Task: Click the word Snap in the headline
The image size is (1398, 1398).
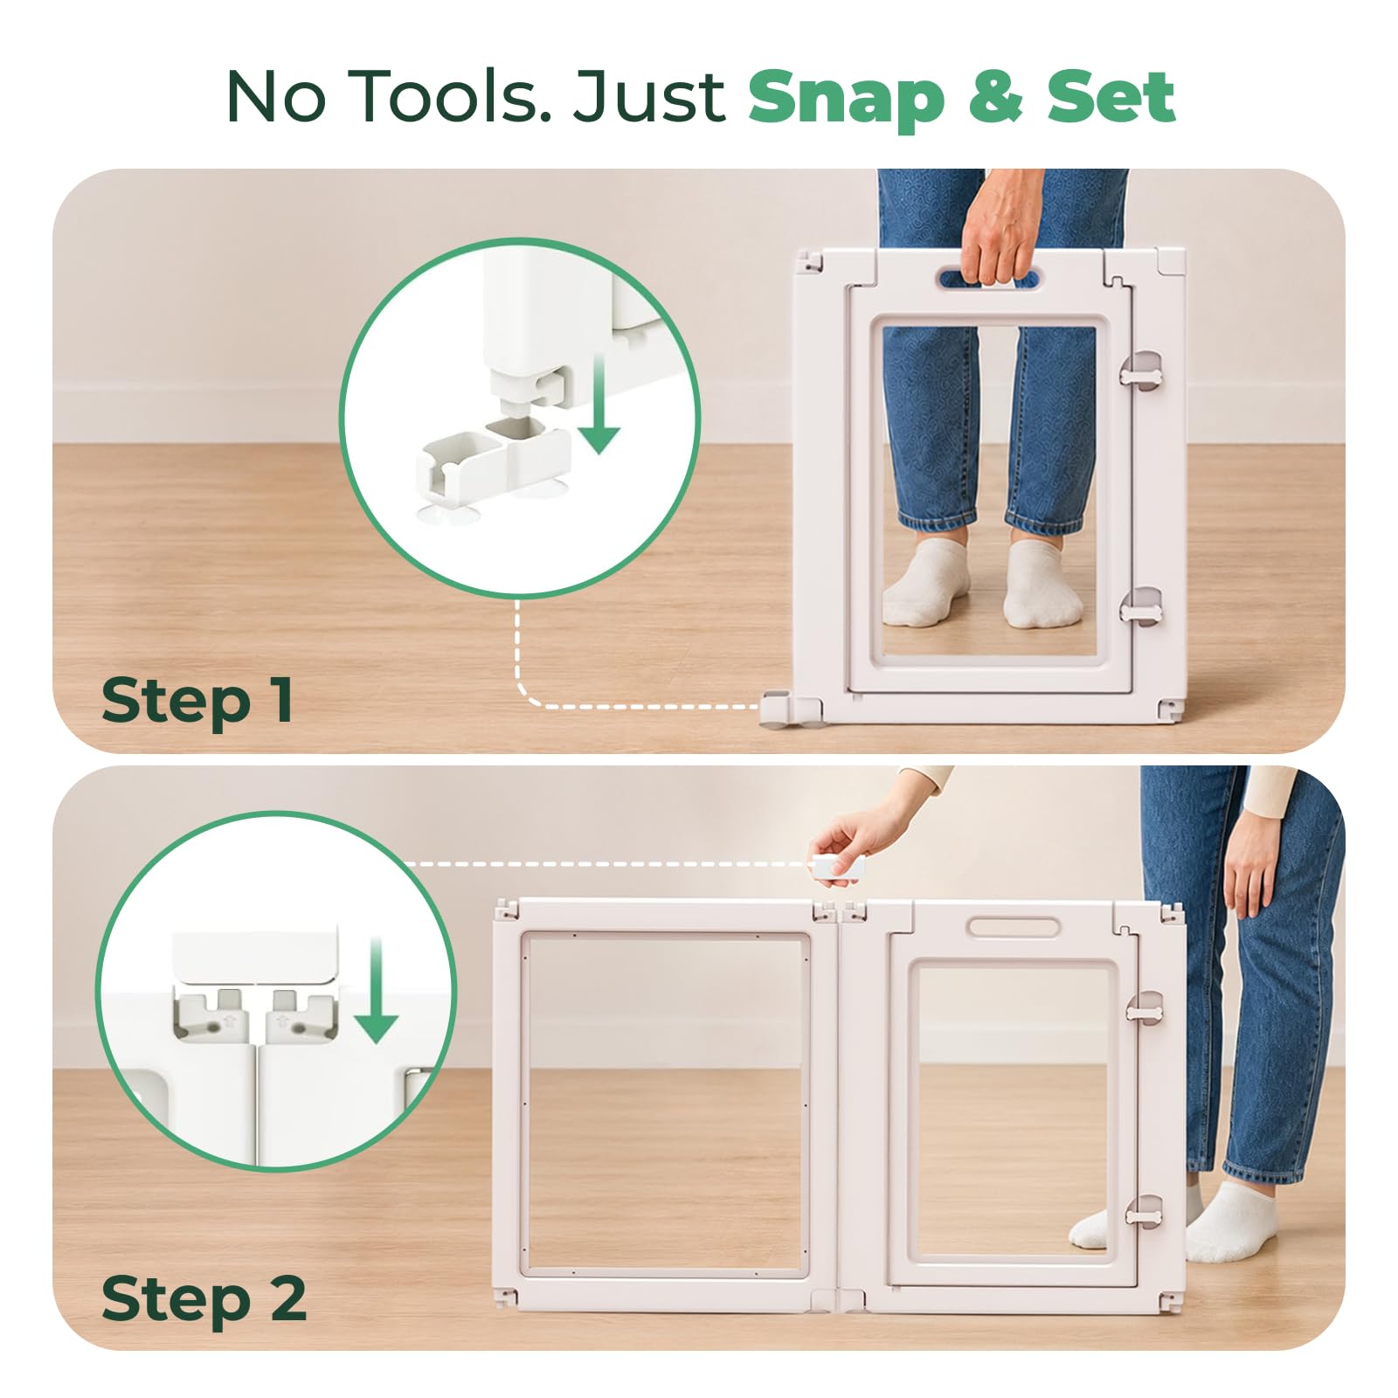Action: click(x=846, y=99)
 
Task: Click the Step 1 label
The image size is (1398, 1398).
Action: click(x=197, y=701)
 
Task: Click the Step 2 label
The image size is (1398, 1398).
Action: click(x=204, y=1300)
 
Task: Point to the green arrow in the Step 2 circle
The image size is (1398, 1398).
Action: click(x=377, y=991)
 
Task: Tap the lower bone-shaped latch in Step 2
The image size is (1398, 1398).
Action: click(x=1144, y=1214)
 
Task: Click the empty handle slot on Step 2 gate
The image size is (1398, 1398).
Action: click(x=1013, y=926)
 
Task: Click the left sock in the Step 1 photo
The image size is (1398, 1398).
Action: click(x=927, y=583)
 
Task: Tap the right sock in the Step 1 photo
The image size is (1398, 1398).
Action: click(x=1042, y=584)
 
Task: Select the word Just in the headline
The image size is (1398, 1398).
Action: click(x=648, y=96)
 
